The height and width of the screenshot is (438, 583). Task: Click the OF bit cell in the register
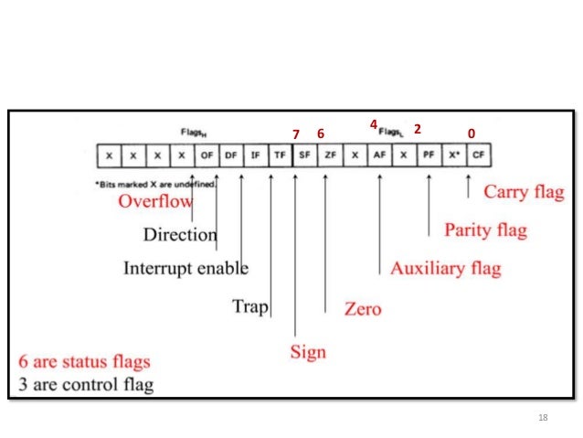point(207,155)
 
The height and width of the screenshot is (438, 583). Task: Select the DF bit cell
point(231,155)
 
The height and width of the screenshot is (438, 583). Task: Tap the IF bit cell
point(256,155)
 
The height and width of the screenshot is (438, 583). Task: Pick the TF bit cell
point(280,155)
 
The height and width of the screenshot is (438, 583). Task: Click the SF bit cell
point(304,155)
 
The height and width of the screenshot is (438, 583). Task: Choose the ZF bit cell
point(329,155)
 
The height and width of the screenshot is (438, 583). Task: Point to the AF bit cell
point(378,155)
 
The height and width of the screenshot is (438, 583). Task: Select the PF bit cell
point(428,155)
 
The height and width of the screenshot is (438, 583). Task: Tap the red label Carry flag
point(524,193)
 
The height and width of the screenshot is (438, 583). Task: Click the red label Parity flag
point(485,230)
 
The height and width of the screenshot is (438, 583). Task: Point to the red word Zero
point(362,309)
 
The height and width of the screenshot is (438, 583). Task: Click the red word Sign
point(308,351)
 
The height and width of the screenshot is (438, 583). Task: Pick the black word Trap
point(249,306)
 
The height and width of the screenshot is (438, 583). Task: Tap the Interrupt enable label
point(185,269)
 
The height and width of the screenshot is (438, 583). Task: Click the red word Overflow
point(155,201)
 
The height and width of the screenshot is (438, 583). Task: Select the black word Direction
point(180,234)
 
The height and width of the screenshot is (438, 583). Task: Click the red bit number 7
point(295,134)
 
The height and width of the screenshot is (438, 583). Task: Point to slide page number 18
point(544,418)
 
